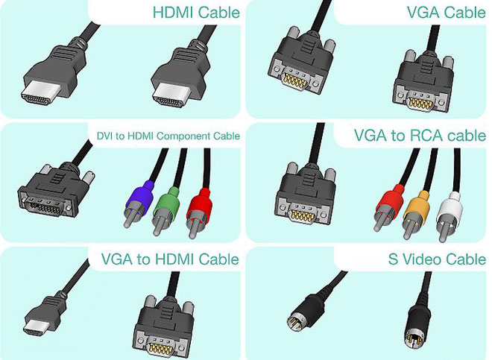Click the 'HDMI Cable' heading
point(196,13)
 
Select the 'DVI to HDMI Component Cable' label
point(168,136)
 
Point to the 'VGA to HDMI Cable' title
point(170,259)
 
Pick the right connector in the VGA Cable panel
point(422,86)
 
